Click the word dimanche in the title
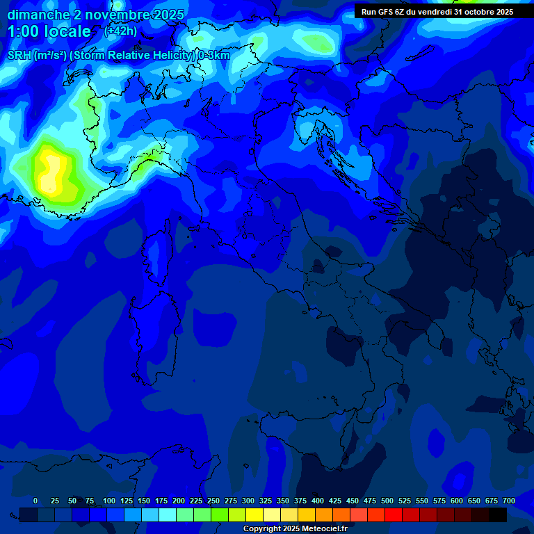pos(38,15)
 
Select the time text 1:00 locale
pos(49,31)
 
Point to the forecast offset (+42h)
pos(120,31)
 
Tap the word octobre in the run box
pos(475,12)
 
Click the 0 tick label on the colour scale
pos(35,501)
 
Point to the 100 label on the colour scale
pos(109,501)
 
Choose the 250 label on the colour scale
pos(213,501)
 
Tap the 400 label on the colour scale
pos(318,501)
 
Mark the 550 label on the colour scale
pos(422,501)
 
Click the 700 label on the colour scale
pos(508,501)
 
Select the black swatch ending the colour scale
pos(498,515)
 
